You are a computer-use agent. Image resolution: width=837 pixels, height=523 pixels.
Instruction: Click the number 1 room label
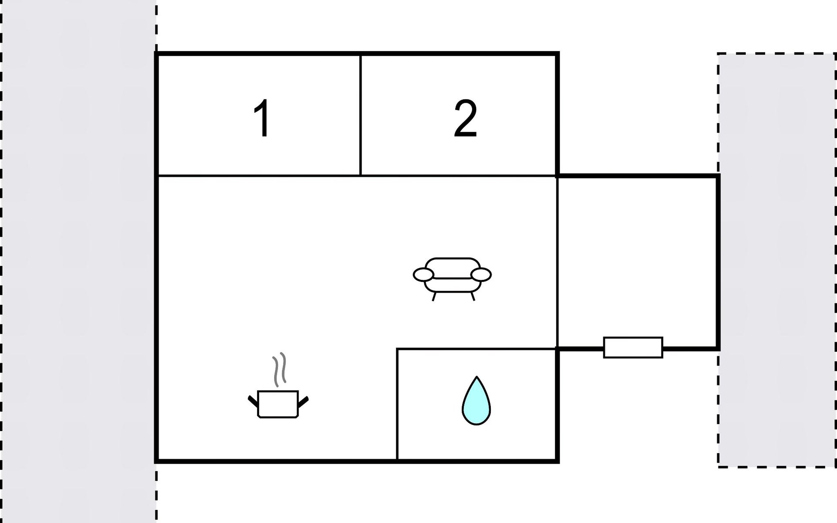pos(262,118)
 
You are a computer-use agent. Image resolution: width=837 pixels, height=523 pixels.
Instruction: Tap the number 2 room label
pos(465,118)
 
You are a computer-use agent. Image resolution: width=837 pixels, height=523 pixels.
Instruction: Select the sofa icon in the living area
pos(452,277)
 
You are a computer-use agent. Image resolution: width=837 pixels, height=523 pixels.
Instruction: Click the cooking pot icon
pos(278,404)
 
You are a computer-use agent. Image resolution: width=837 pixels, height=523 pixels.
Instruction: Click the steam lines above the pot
pos(279,369)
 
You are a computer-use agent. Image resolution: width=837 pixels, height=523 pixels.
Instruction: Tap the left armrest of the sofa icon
pos(423,275)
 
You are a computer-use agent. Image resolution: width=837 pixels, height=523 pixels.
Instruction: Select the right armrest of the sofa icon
pos(481,275)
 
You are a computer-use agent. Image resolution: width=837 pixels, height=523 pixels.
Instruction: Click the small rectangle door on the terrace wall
pos(633,347)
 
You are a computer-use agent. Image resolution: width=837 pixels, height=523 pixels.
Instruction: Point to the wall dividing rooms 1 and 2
pos(361,115)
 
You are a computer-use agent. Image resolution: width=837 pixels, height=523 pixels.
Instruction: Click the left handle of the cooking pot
pos(252,401)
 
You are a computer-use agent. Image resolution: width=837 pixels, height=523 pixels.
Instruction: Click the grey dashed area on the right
pos(777,261)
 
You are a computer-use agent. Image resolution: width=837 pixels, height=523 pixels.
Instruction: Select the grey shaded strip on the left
pos(78,261)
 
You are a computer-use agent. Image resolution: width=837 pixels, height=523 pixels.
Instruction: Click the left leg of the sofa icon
pos(434,296)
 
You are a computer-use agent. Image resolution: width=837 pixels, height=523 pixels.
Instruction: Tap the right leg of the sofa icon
pos(473,296)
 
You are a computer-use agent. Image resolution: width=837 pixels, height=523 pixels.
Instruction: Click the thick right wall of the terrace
pos(718,261)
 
